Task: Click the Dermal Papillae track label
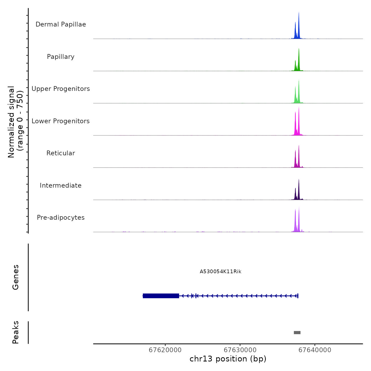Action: pyautogui.click(x=61, y=24)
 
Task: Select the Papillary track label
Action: pyautogui.click(x=61, y=57)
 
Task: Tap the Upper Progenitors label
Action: pyautogui.click(x=61, y=89)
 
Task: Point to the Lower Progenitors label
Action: pyautogui.click(x=61, y=121)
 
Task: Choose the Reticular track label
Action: pyautogui.click(x=61, y=153)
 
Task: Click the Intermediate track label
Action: pyautogui.click(x=61, y=185)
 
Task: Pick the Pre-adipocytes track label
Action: pyautogui.click(x=61, y=218)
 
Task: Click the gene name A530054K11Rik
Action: pyautogui.click(x=220, y=272)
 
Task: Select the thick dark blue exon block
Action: pyautogui.click(x=161, y=296)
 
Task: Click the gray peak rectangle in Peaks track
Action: pyautogui.click(x=297, y=333)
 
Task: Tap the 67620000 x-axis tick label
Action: pyautogui.click(x=165, y=350)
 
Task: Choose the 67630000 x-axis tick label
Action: pyautogui.click(x=240, y=350)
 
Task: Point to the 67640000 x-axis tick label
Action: pyautogui.click(x=315, y=350)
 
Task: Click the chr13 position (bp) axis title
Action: pyautogui.click(x=228, y=359)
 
